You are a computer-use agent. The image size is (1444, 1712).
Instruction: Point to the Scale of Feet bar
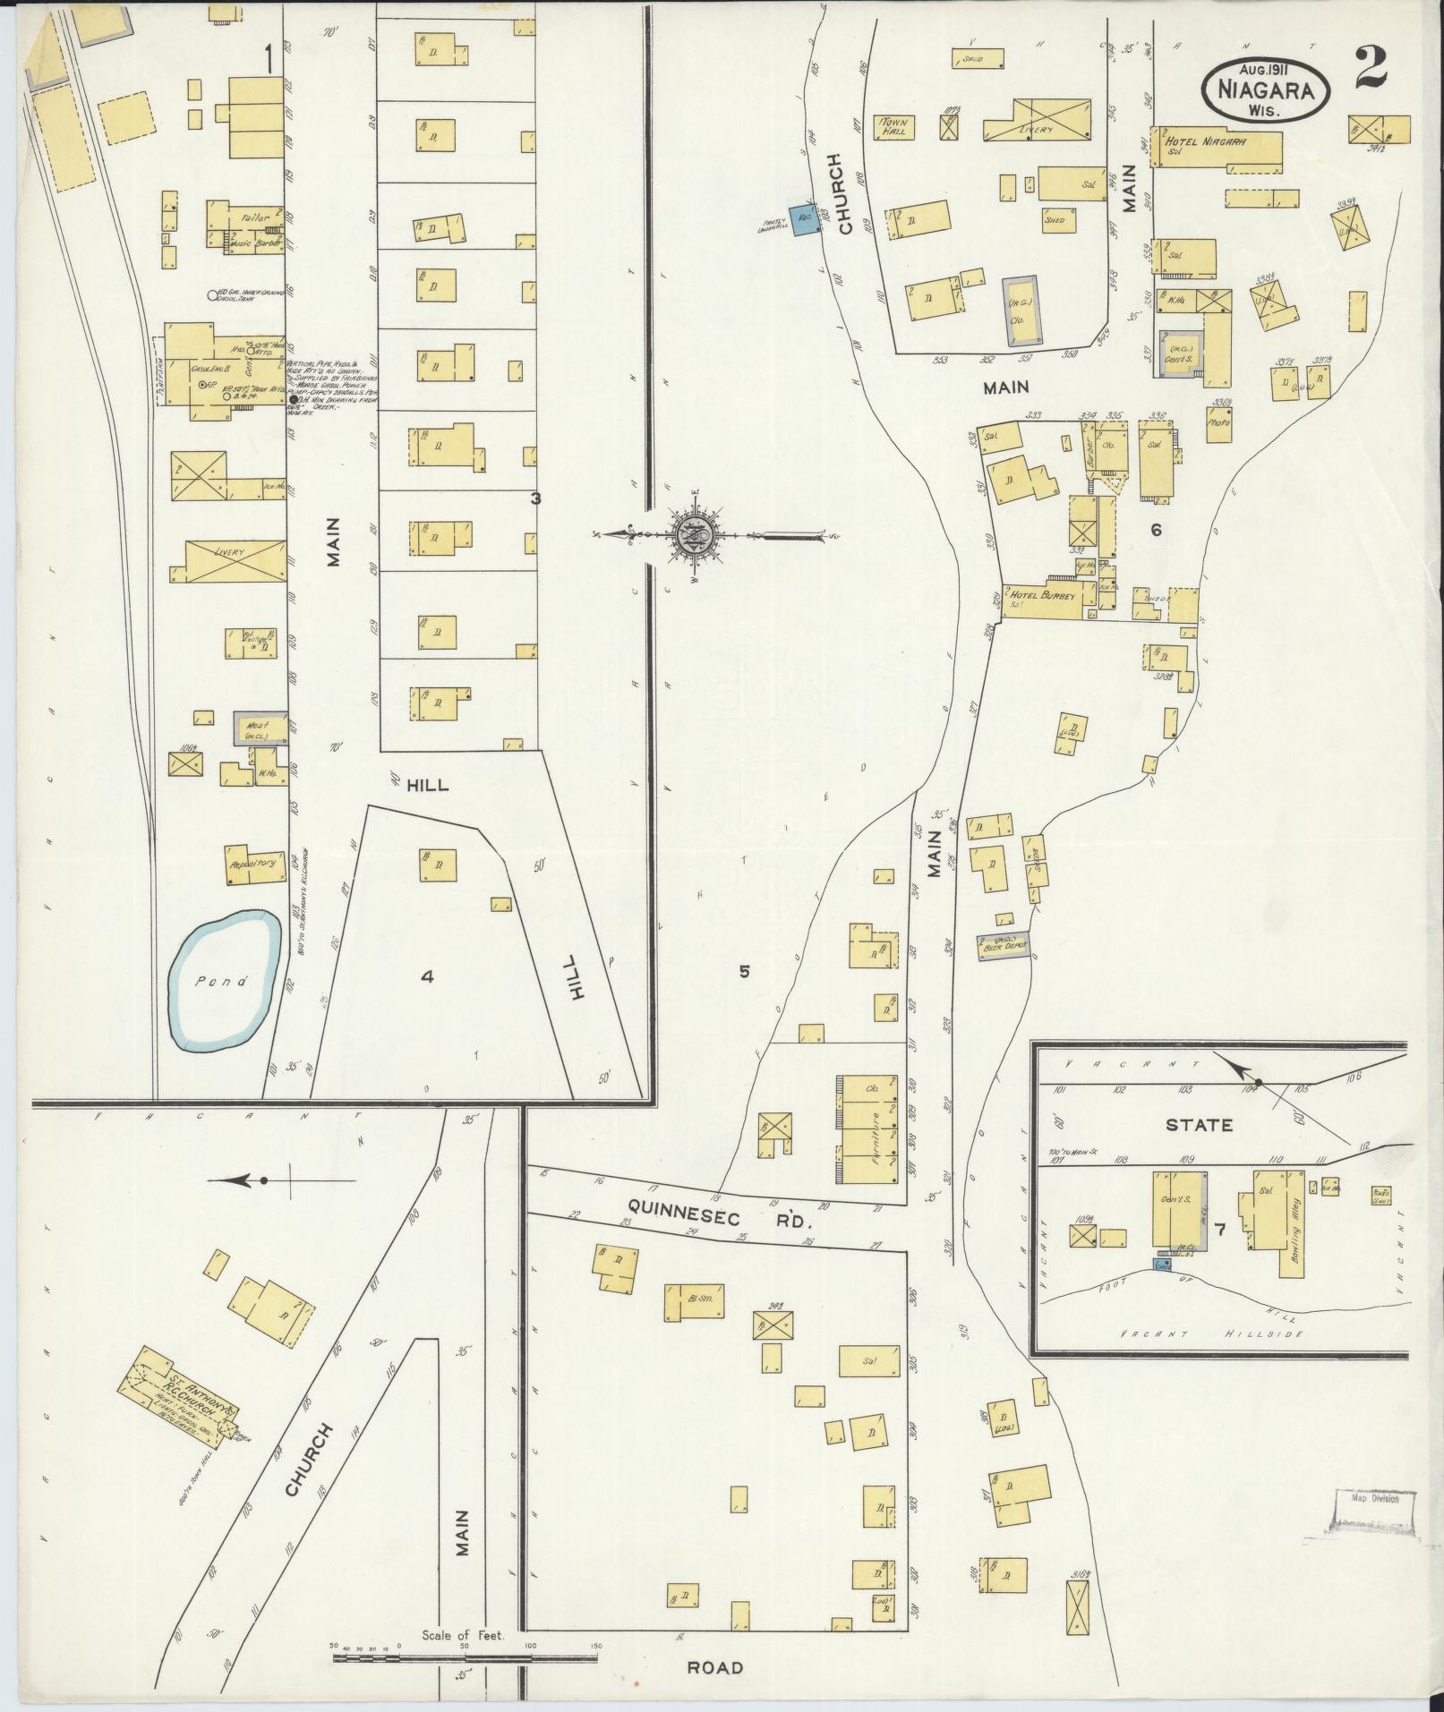pyautogui.click(x=466, y=1658)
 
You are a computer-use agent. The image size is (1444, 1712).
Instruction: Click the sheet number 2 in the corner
pyautogui.click(x=1371, y=69)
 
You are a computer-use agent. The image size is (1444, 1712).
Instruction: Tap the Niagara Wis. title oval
pyautogui.click(x=1266, y=89)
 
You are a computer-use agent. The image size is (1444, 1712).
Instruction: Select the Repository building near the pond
pyautogui.click(x=251, y=865)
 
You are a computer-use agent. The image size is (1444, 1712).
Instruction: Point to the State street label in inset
pyautogui.click(x=1200, y=1125)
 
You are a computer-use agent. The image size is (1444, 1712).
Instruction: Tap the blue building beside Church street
pyautogui.click(x=804, y=219)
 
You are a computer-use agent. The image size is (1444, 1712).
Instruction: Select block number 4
pyautogui.click(x=428, y=976)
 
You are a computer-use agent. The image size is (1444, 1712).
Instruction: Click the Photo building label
pyautogui.click(x=1218, y=423)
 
